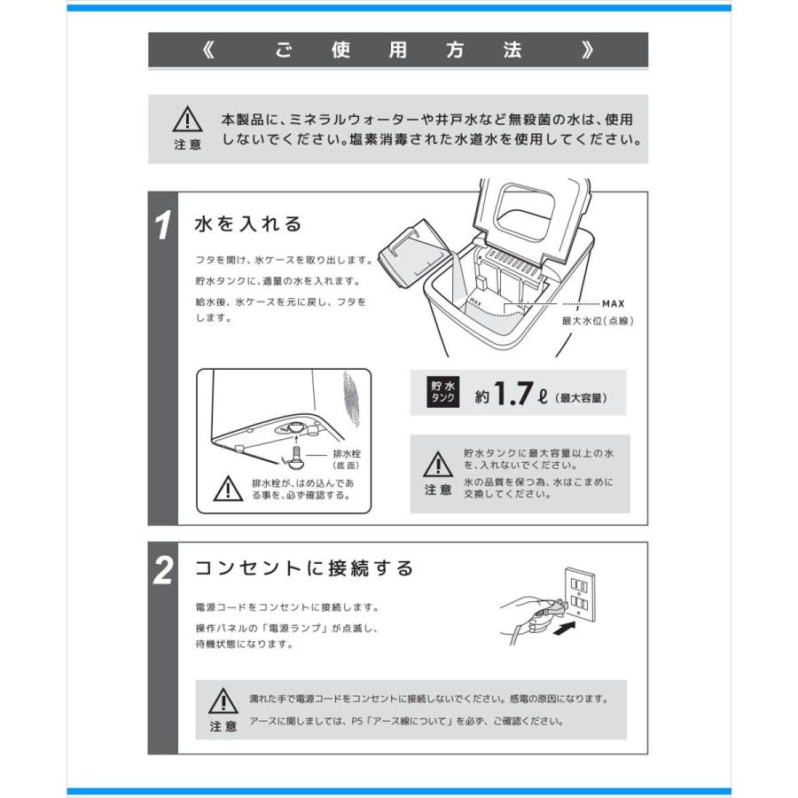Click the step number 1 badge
pyautogui.click(x=163, y=225)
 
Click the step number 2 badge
pyautogui.click(x=163, y=572)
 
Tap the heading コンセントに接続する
pyautogui.click(x=303, y=567)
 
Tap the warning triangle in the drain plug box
pyautogui.click(x=229, y=489)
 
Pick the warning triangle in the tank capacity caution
pyautogui.click(x=436, y=464)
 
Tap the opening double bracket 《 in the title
pyautogui.click(x=208, y=51)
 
